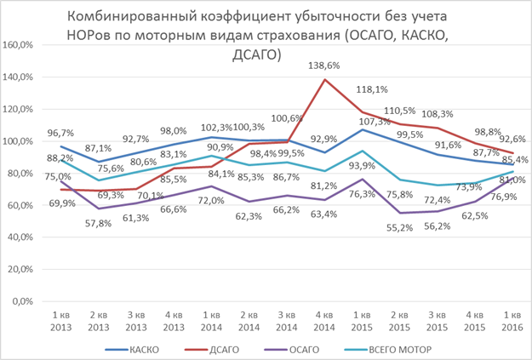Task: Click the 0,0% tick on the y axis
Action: point(24,302)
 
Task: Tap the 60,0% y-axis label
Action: point(21,205)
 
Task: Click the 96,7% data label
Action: point(60,134)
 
